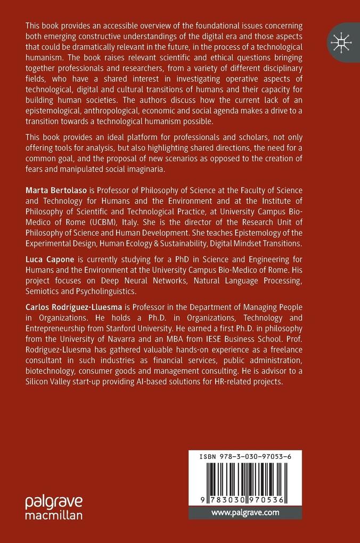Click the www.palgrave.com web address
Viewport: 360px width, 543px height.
pyautogui.click(x=245, y=513)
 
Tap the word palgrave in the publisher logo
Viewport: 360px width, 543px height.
pyautogui.click(x=54, y=502)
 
